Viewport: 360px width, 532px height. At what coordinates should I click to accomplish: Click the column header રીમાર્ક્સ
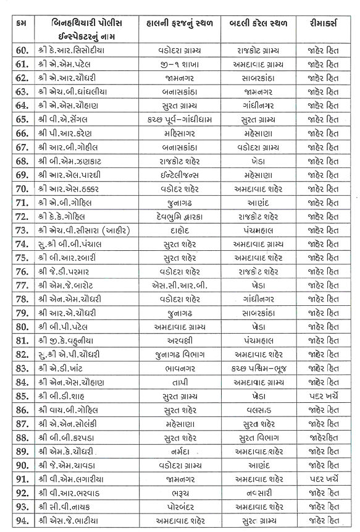[324, 23]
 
